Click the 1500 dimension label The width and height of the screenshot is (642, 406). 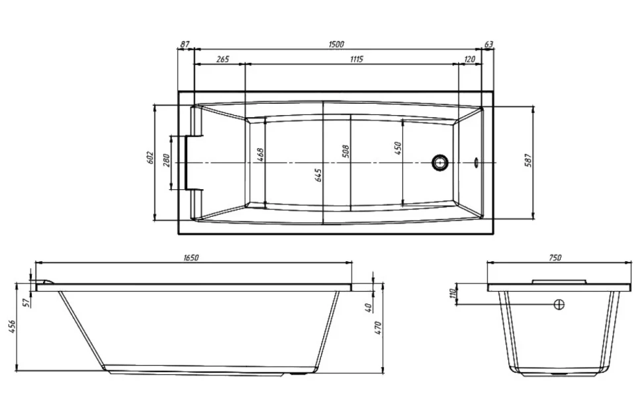pos(336,44)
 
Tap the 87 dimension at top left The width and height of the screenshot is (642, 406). pos(185,44)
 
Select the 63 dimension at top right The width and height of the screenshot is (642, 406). pos(489,44)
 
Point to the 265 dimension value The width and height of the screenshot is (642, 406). pos(222,60)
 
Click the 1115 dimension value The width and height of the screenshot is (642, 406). pos(356,60)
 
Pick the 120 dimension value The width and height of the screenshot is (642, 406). pos(470,60)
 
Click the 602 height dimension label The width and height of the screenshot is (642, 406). pos(150,158)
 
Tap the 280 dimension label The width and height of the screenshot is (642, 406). pos(166,160)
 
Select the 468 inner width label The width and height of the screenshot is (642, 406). pos(259,155)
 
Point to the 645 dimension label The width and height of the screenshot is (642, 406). pos(318,175)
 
